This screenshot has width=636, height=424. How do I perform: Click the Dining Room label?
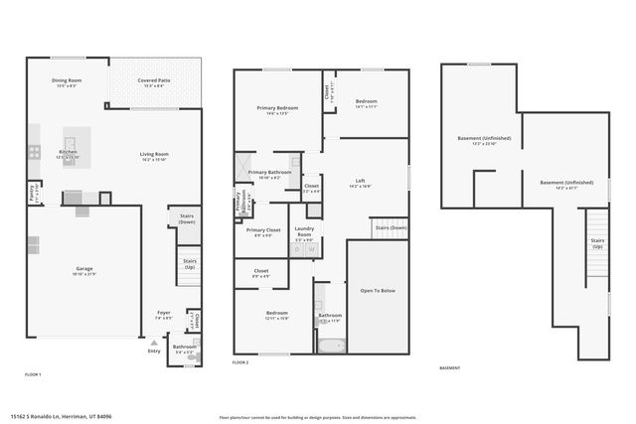67,82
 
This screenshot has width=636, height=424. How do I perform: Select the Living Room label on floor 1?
154,156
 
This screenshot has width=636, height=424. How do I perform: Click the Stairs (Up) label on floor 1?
189,263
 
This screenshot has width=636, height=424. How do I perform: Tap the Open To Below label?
378,291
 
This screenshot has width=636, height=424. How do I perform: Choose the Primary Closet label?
262,231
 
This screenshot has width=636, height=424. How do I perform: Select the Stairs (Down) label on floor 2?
391,227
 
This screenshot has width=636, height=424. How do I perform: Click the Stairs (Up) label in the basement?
597,242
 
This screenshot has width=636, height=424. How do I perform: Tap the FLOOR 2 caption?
240,363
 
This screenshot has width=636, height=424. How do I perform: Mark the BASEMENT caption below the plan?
449,368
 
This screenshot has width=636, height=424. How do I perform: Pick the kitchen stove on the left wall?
33,152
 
